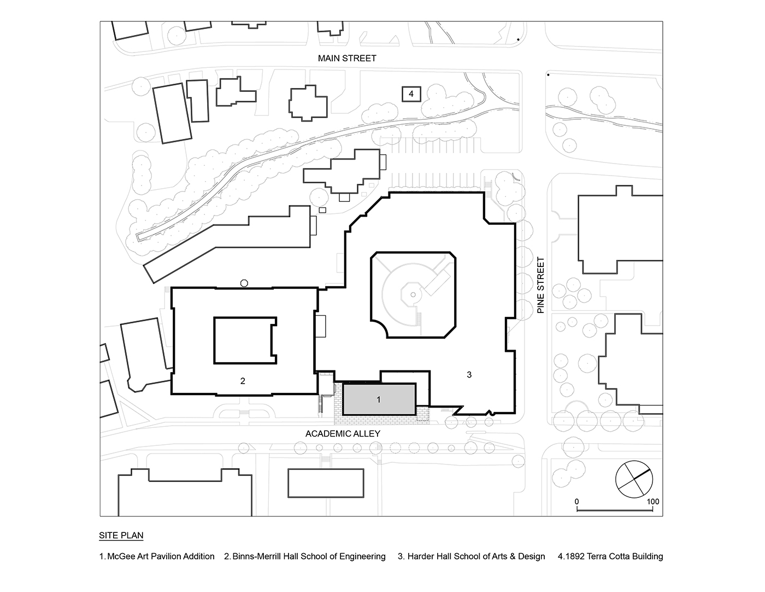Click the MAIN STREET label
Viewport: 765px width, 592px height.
pyautogui.click(x=348, y=58)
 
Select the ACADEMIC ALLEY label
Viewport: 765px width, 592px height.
pyautogui.click(x=343, y=434)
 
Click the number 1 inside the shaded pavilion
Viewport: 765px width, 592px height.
pyautogui.click(x=378, y=400)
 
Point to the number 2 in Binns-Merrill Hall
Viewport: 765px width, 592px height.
pyautogui.click(x=243, y=381)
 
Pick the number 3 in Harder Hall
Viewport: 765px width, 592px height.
pyautogui.click(x=469, y=374)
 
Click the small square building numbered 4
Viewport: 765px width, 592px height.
pyautogui.click(x=411, y=94)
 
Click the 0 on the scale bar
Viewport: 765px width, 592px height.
pyautogui.click(x=577, y=502)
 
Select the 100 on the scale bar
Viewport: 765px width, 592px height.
pyautogui.click(x=653, y=502)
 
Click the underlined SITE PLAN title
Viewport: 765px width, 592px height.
pyautogui.click(x=121, y=535)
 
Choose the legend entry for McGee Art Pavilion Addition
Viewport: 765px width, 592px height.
pyautogui.click(x=157, y=556)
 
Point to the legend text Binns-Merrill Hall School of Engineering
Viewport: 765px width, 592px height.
pyautogui.click(x=305, y=556)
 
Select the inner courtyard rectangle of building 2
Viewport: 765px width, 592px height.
pyautogui.click(x=244, y=341)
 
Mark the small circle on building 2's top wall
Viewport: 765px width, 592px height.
pyautogui.click(x=244, y=283)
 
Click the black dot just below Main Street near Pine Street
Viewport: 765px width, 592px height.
pyautogui.click(x=548, y=74)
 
